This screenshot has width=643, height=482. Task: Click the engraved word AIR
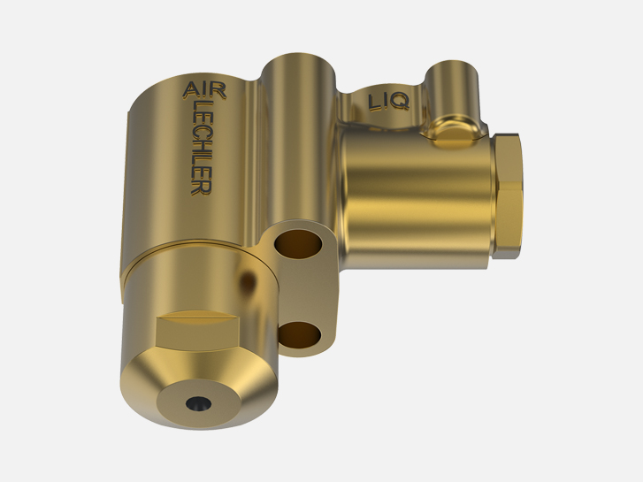click(x=204, y=90)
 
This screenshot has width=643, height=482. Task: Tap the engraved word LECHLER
click(x=203, y=148)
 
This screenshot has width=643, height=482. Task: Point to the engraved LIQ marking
click(x=389, y=102)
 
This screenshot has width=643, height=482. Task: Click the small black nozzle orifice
click(x=198, y=403)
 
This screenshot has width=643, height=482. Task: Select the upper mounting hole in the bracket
click(x=298, y=244)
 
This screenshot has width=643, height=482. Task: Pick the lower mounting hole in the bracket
click(x=299, y=334)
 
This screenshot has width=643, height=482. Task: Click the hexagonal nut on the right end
click(x=507, y=196)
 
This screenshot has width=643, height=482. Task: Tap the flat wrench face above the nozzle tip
click(x=197, y=330)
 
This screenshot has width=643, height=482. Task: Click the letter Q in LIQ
click(x=400, y=102)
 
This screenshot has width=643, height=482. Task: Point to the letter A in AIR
click(x=190, y=90)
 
